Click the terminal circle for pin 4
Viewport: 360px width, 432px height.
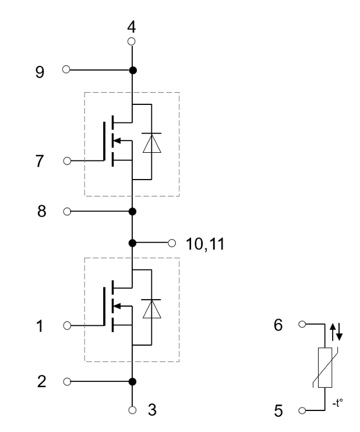click(132, 41)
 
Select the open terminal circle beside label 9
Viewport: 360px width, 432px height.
click(66, 69)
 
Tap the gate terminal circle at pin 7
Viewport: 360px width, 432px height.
click(67, 161)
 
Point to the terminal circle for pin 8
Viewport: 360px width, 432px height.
click(67, 212)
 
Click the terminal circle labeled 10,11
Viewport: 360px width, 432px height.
click(172, 243)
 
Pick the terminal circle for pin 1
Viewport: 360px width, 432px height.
click(67, 326)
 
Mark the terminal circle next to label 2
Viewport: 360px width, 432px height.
click(67, 382)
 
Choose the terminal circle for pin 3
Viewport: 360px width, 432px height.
click(132, 410)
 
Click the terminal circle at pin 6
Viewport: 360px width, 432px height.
click(302, 324)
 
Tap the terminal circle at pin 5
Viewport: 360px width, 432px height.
click(302, 410)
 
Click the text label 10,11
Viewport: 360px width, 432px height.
click(205, 244)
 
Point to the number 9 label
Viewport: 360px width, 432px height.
click(40, 72)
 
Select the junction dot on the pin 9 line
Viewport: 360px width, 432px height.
click(133, 71)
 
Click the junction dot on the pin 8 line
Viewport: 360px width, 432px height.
click(132, 212)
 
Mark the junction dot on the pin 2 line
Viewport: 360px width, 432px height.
click(132, 382)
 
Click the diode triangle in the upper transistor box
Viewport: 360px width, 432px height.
click(151, 143)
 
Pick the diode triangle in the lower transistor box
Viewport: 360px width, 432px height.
click(151, 309)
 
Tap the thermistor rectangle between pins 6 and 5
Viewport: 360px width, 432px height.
click(325, 367)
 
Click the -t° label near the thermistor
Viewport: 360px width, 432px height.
click(338, 403)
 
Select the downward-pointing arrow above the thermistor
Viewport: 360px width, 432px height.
click(340, 332)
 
